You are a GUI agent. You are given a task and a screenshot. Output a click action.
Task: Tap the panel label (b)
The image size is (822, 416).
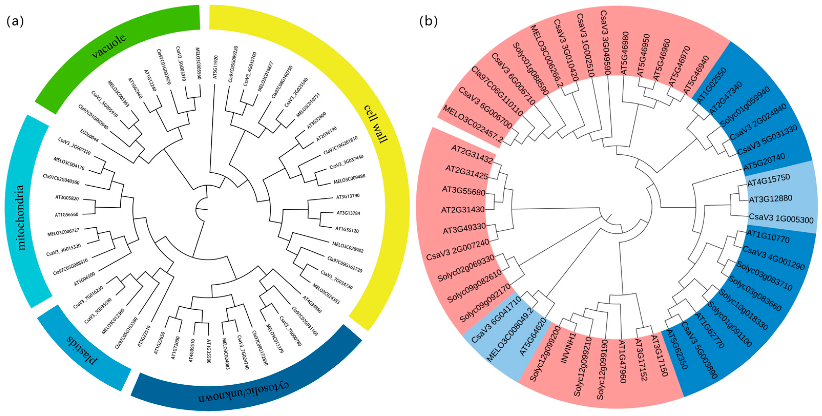pos(428,22)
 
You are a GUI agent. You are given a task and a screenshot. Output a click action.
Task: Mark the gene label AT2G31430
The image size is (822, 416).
pos(463,210)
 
